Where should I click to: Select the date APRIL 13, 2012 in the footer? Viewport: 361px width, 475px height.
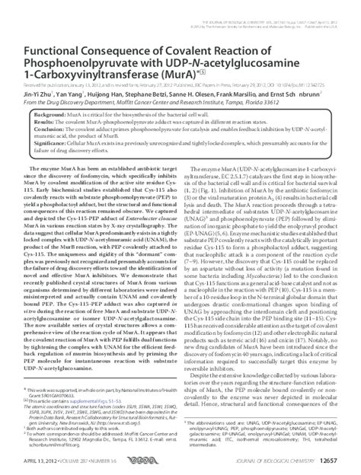pyautogui.click(x=35, y=461)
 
